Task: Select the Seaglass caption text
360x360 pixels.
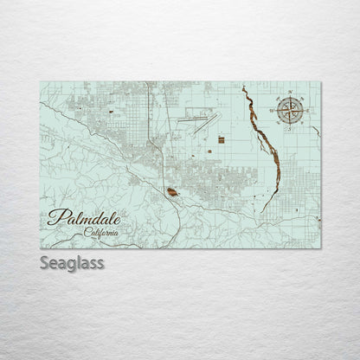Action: tap(72, 262)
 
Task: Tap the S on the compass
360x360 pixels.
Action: tap(291, 126)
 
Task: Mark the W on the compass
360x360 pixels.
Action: tap(273, 109)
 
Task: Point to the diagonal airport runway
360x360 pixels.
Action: tap(202, 128)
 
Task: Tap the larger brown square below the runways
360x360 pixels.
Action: tap(222, 138)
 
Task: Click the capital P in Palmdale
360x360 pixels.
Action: tap(57, 217)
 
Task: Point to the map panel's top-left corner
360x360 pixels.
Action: tap(40, 82)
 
